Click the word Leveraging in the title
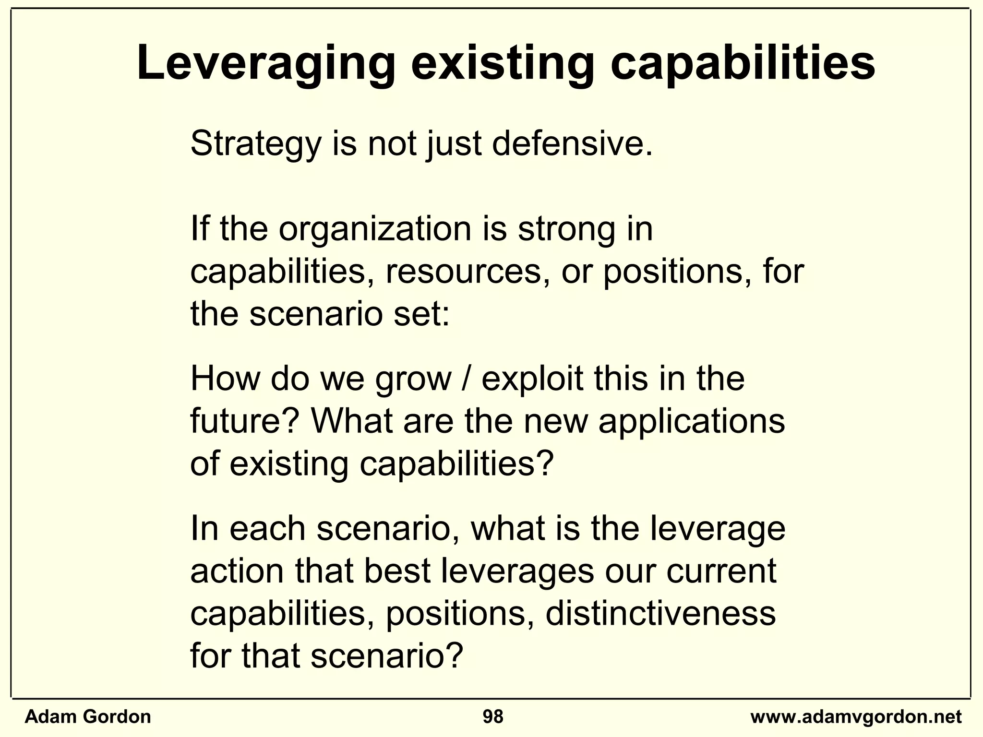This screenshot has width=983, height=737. point(266,65)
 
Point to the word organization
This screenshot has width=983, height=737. point(375,229)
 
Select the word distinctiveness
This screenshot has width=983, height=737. point(660,613)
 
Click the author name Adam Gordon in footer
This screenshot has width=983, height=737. point(87,717)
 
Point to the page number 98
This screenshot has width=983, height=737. point(493,717)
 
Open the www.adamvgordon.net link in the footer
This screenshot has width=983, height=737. point(856,717)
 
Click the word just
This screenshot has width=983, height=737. point(454,144)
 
